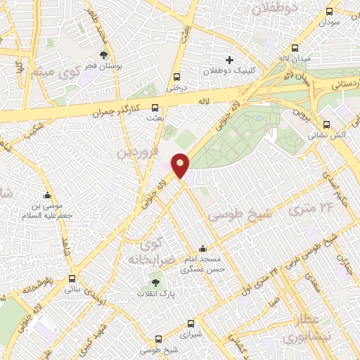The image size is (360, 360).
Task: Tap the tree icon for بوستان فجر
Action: pos(103,54)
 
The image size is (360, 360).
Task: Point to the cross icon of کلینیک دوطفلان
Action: pos(229,60)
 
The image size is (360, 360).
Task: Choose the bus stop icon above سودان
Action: pos(329,11)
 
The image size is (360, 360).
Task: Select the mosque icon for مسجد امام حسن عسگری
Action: pos(203,248)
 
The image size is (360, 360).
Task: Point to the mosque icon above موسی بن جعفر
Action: pos(47,195)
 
